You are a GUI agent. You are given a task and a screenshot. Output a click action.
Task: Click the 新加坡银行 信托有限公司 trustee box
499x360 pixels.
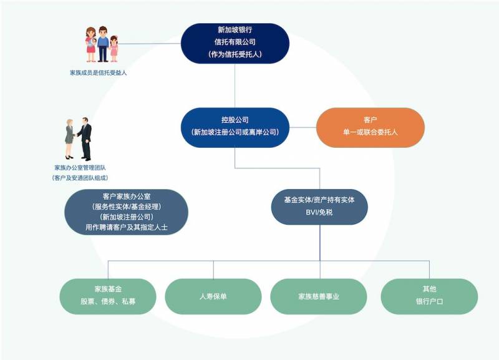tap(235, 42)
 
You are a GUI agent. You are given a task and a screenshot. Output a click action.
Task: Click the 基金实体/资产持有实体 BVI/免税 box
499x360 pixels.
tap(319, 206)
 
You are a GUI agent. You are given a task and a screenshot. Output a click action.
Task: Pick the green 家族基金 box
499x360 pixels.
tap(108, 296)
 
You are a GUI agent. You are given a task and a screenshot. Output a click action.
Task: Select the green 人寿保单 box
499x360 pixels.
tap(213, 296)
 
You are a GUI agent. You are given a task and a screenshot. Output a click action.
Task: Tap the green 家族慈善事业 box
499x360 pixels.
tap(319, 296)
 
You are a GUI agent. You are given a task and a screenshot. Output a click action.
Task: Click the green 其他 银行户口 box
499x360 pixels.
tap(429, 296)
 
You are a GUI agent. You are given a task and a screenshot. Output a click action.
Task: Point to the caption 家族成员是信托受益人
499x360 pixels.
tap(99, 73)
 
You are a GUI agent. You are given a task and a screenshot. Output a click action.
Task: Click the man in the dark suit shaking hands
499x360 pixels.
tap(85, 139)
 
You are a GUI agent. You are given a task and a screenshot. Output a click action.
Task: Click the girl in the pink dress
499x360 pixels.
tap(114, 49)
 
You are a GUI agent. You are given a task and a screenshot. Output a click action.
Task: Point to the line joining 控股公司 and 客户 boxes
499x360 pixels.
tap(303, 127)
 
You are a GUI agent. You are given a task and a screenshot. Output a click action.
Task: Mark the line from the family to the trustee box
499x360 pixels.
tap(150, 44)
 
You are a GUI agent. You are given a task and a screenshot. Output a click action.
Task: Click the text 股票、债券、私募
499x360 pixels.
tap(108, 302)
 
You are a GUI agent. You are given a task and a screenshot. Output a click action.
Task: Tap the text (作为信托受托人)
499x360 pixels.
tap(235, 54)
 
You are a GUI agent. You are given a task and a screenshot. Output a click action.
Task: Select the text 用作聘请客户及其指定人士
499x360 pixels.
tap(127, 228)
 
